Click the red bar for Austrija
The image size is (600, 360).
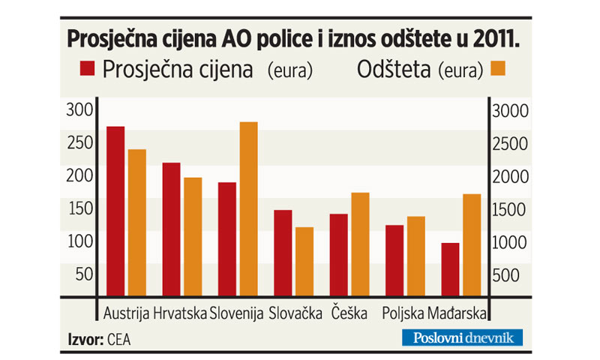tap(115, 211)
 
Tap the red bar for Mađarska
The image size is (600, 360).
tap(450, 269)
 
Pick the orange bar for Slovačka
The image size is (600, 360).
tap(304, 261)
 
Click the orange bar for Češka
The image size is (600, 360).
tap(360, 244)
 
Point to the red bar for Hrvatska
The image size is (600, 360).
tap(172, 229)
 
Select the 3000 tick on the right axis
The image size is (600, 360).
tap(510, 111)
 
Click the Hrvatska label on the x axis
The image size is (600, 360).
tap(179, 313)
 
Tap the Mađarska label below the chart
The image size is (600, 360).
tap(457, 313)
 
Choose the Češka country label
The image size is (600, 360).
tap(349, 313)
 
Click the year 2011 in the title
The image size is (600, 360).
tap(498, 38)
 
